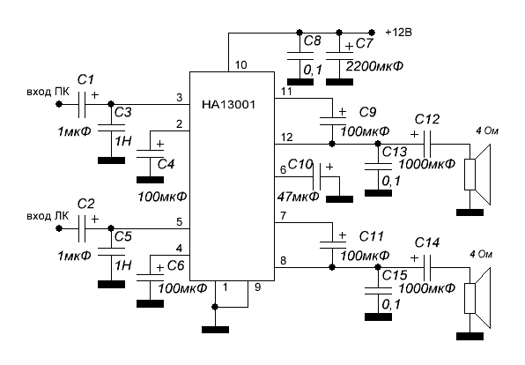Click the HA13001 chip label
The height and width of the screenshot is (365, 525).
click(x=228, y=105)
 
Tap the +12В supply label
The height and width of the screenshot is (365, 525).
click(x=398, y=33)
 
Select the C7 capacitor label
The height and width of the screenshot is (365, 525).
click(x=364, y=43)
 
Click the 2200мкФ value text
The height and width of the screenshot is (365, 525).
click(x=374, y=66)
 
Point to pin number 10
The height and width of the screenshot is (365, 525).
click(x=241, y=64)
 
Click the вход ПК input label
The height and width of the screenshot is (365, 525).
click(x=48, y=92)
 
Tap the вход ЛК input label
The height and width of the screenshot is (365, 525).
click(x=48, y=216)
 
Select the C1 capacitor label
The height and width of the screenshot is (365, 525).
click(x=85, y=79)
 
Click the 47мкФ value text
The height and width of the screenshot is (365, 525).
click(x=299, y=197)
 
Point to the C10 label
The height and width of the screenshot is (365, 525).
click(x=300, y=165)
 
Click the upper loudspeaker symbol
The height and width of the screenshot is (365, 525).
click(x=477, y=175)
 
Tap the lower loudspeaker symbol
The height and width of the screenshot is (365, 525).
click(x=477, y=298)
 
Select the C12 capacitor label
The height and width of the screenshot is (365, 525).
click(x=427, y=119)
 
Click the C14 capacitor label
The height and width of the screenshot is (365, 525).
click(x=427, y=242)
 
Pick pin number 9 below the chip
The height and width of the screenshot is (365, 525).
click(x=257, y=287)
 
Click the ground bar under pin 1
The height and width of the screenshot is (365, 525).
click(x=215, y=330)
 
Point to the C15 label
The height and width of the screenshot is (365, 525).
click(x=395, y=275)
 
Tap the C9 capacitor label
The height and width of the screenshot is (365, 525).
click(x=367, y=112)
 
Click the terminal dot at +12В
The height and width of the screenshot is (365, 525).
click(x=372, y=33)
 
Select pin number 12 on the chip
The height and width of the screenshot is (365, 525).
click(x=286, y=137)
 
